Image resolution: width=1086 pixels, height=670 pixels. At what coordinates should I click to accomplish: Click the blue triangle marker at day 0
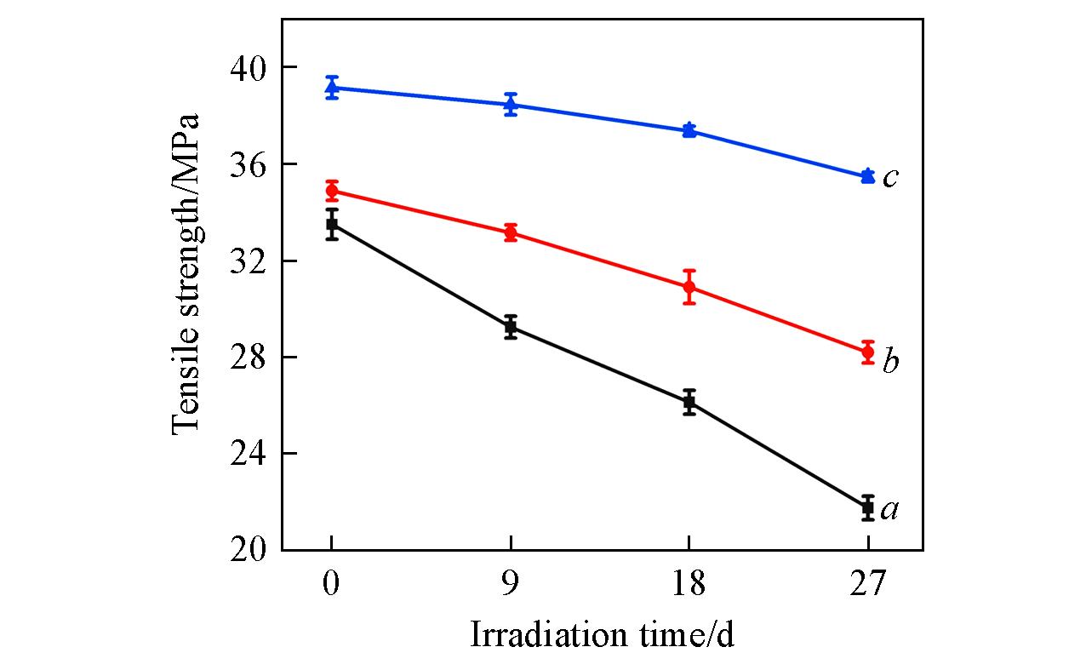332,87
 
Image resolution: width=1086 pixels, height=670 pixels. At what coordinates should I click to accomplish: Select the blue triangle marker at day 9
511,105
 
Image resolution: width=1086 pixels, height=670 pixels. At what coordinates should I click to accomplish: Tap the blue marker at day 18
689,129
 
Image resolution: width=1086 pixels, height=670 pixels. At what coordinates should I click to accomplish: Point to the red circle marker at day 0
332,191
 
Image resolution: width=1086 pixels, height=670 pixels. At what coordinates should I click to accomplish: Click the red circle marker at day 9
511,232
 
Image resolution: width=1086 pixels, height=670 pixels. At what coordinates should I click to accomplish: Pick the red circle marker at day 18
689,287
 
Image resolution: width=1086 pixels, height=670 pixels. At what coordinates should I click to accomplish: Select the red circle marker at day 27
868,352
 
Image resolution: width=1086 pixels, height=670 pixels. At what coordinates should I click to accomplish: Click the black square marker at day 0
332,224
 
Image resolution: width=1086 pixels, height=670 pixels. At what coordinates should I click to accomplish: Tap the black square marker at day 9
511,326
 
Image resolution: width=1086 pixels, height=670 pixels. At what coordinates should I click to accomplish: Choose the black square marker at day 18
689,401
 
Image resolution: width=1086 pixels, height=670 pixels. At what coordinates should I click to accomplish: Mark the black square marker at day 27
868,507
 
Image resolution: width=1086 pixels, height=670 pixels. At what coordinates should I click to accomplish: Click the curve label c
890,178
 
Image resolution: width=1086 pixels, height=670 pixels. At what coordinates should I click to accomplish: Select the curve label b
890,362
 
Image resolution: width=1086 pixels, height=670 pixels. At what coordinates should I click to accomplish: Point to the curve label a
890,510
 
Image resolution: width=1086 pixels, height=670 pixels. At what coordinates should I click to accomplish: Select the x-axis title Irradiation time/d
602,635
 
